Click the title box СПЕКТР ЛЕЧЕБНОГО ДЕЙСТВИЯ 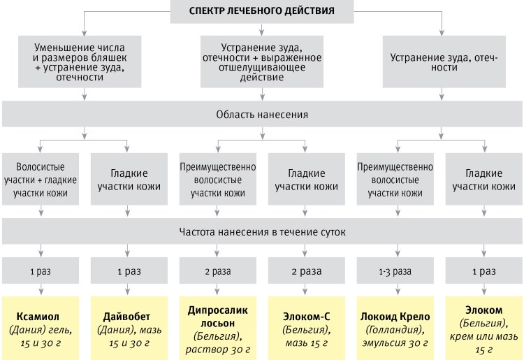click(x=262, y=10)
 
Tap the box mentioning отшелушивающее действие click(x=262, y=62)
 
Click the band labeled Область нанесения click(x=262, y=114)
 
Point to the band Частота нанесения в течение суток click(x=262, y=231)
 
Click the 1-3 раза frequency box click(x=395, y=270)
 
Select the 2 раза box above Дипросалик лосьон click(x=218, y=270)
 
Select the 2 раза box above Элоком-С click(x=305, y=270)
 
